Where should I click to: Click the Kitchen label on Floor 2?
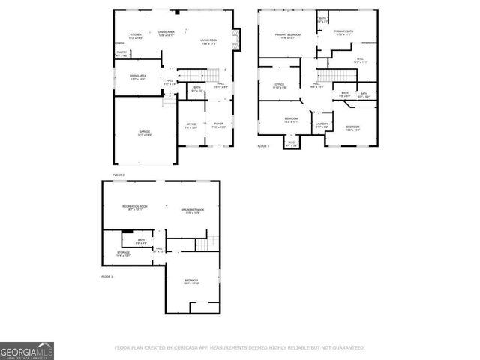pyautogui.click(x=136, y=35)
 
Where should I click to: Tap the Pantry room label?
pyautogui.click(x=121, y=54)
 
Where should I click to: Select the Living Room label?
pyautogui.click(x=208, y=41)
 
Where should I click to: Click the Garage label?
pyautogui.click(x=144, y=133)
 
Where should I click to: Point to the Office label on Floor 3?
pyautogui.click(x=279, y=85)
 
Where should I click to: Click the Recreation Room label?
pyautogui.click(x=135, y=208)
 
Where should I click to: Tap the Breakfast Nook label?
pyautogui.click(x=193, y=211)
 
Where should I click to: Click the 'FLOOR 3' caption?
pyautogui.click(x=263, y=146)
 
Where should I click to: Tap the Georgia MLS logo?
pyautogui.click(x=26, y=351)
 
